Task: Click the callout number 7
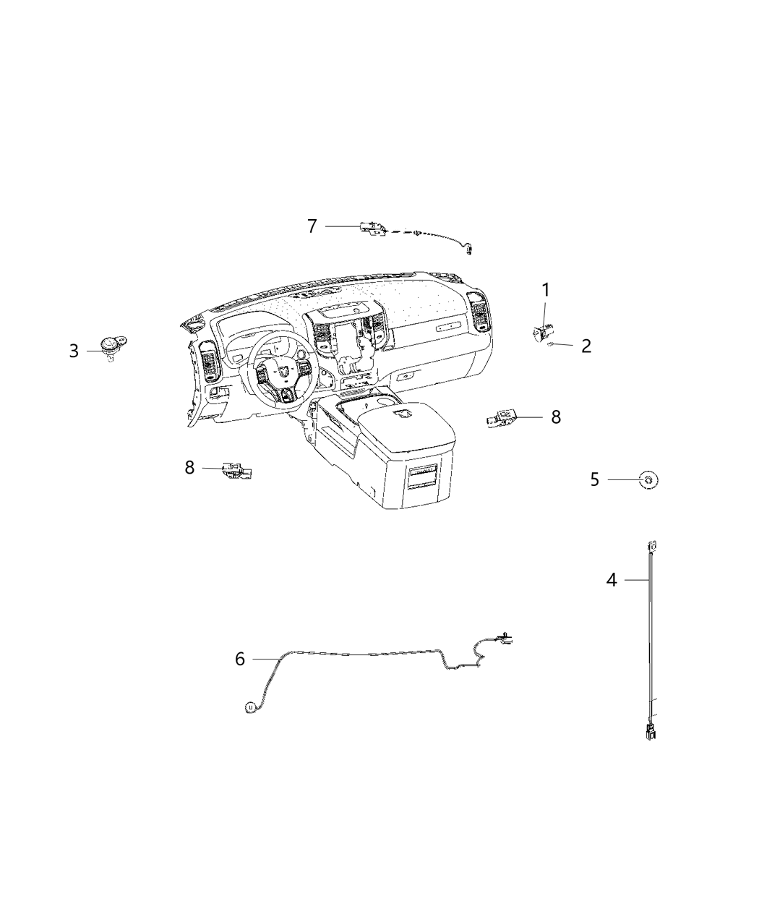(x=312, y=226)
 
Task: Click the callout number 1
(x=546, y=290)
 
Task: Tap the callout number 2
(x=586, y=346)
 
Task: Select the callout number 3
(x=74, y=351)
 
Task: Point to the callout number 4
(x=612, y=580)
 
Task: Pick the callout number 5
(x=595, y=479)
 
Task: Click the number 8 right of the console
(x=556, y=417)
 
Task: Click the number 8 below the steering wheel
(x=189, y=468)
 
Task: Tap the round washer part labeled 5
(x=649, y=479)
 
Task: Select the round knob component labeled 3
(x=111, y=344)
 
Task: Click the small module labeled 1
(x=543, y=333)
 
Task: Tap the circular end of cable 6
(x=249, y=720)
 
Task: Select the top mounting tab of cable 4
(x=652, y=545)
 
